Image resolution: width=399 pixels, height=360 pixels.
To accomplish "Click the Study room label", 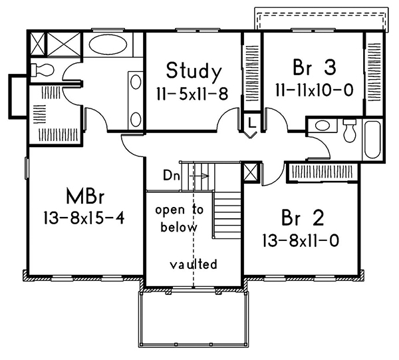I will [x=193, y=71].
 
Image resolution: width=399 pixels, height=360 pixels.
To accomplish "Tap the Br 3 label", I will [x=311, y=68].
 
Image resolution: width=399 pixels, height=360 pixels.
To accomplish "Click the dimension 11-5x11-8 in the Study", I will [x=192, y=94].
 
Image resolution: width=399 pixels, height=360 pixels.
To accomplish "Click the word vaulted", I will [x=193, y=264].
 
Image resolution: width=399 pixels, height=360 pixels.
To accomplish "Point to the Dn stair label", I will [x=170, y=176].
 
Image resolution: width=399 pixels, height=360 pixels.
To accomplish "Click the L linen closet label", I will [x=251, y=123].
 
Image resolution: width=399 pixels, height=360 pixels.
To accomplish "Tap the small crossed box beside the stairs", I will [x=252, y=173].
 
